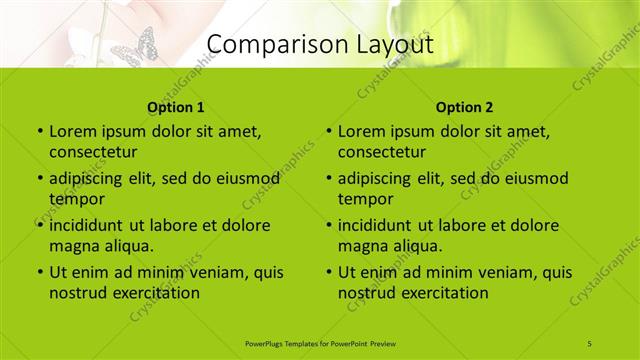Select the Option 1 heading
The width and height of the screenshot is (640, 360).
[x=176, y=107]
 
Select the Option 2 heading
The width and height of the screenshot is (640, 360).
[x=465, y=107]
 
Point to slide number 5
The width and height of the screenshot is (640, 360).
[x=590, y=343]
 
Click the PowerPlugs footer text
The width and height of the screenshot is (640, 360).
[x=320, y=343]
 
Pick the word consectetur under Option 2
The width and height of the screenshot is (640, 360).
[x=383, y=152]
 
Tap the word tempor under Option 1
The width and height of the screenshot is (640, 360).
[x=76, y=198]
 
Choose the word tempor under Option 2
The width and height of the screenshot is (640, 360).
[x=365, y=198]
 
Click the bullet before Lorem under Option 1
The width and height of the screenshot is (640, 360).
[x=39, y=132]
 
